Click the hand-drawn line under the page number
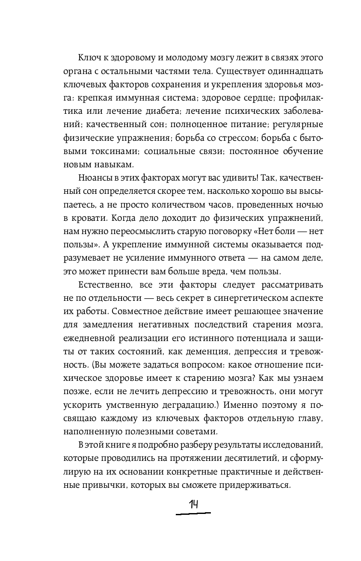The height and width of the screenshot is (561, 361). click(193, 513)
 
